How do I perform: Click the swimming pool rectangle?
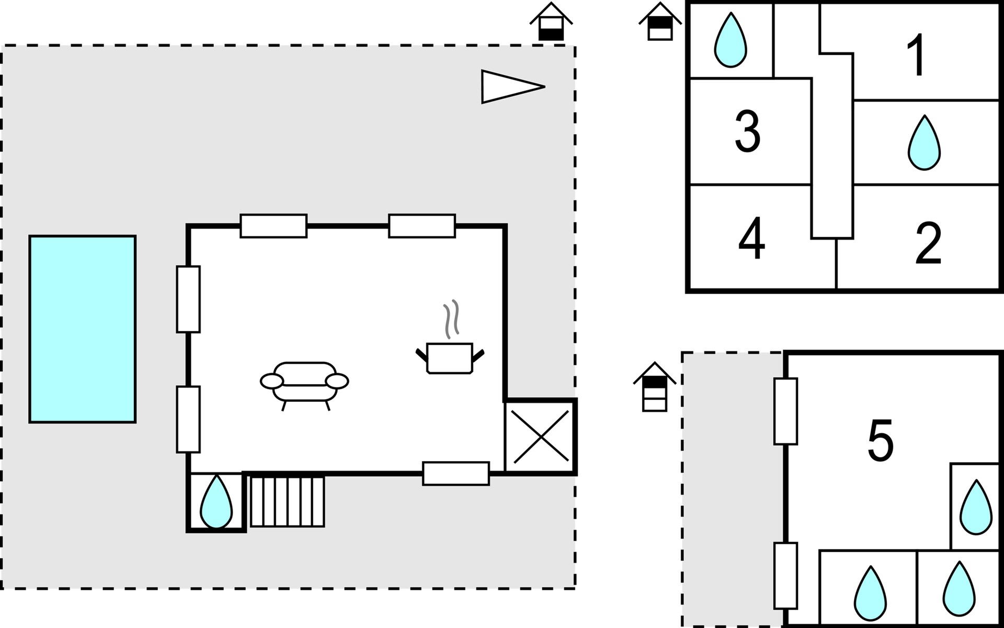[83, 329]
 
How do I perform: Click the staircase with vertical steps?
[287, 501]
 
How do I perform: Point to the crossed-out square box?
[541, 437]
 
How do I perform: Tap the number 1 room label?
[916, 55]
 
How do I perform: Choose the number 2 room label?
[928, 243]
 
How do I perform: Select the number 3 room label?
[747, 131]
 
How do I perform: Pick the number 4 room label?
[751, 239]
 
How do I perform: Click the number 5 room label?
[881, 441]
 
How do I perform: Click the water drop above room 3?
[731, 41]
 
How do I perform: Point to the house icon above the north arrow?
[551, 22]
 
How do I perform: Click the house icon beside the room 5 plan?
[654, 387]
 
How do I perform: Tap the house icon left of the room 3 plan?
[660, 22]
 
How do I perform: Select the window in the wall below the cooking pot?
[455, 474]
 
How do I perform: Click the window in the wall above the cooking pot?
[421, 226]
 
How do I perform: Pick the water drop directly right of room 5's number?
[976, 508]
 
